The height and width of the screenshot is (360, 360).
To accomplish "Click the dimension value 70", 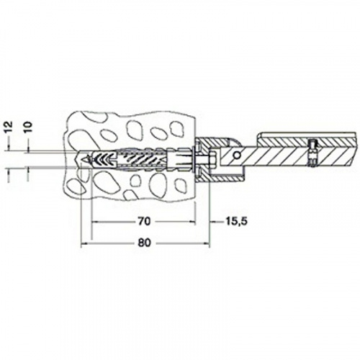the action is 144,221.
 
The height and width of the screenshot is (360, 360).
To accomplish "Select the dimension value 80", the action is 144,243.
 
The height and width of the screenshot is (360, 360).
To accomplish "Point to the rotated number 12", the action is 9,127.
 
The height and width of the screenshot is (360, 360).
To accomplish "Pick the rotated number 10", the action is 28,127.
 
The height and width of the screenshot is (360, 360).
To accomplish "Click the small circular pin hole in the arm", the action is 237,156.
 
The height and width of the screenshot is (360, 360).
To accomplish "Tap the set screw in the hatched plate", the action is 312,153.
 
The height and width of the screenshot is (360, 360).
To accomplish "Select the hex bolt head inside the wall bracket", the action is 212,158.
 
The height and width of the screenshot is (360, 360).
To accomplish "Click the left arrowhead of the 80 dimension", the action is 84,243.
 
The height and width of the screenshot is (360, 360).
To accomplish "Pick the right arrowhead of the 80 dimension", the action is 207,243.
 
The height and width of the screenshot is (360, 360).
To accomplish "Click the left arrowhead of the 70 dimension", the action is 94,222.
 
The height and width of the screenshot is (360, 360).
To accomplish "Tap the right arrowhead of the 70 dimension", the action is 193,222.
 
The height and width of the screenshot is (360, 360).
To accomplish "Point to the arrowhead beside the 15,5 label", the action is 212,222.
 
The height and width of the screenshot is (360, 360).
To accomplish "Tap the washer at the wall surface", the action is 194,158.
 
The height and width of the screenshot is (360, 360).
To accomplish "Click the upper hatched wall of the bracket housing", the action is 211,143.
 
